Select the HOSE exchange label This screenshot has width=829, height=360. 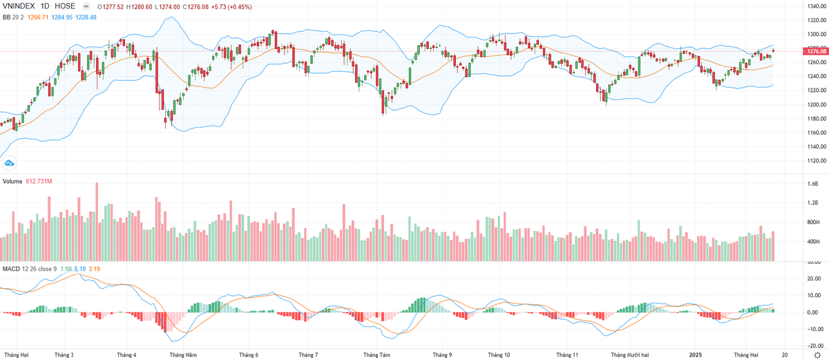65,6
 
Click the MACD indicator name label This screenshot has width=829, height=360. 10,267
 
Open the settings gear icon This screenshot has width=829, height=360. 817,354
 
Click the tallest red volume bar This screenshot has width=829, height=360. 97,221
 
